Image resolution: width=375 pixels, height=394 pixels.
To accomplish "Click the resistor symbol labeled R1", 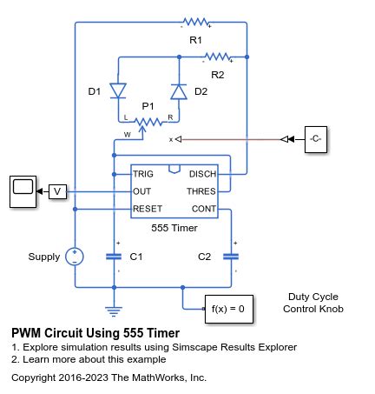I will coord(194,22).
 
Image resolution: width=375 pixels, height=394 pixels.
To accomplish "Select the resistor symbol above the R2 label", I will coord(217,58).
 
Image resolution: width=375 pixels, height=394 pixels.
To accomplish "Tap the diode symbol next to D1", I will coord(119,90).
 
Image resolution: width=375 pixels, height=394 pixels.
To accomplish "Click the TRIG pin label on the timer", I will coord(144,173).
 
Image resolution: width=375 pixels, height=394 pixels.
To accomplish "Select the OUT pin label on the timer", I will coord(142,190).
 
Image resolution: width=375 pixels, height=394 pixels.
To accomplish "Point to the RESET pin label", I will coord(148,209).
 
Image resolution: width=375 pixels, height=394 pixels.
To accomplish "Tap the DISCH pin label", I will coord(201,173).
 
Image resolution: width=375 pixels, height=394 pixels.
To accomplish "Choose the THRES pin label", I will coord(200,190).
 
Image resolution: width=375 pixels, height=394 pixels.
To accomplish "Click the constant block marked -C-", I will coord(314,139).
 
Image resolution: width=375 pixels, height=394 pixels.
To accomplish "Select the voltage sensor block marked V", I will coord(57,191).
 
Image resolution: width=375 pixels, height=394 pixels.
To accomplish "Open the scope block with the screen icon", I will coord(22,190).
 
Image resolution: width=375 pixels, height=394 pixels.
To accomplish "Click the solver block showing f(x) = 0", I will coord(228,308).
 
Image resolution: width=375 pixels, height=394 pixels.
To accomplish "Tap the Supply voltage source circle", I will coord(76,257).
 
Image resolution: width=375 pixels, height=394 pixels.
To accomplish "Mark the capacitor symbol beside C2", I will coord(231,257).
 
